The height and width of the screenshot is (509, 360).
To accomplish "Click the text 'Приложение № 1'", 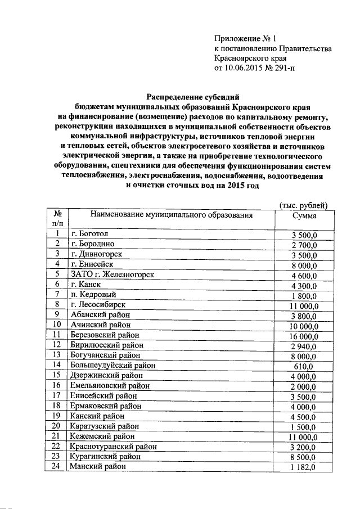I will [246, 39].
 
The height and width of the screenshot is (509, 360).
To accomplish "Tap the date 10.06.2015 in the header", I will [245, 69].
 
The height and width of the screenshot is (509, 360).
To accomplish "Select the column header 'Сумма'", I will [304, 215].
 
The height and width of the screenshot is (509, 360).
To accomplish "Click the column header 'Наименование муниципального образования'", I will [169, 215].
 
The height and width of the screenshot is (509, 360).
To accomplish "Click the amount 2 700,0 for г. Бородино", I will [304, 245].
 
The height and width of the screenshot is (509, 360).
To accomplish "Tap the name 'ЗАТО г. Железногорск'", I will [112, 274].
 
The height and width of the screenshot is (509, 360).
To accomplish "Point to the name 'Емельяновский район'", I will [109, 385].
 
